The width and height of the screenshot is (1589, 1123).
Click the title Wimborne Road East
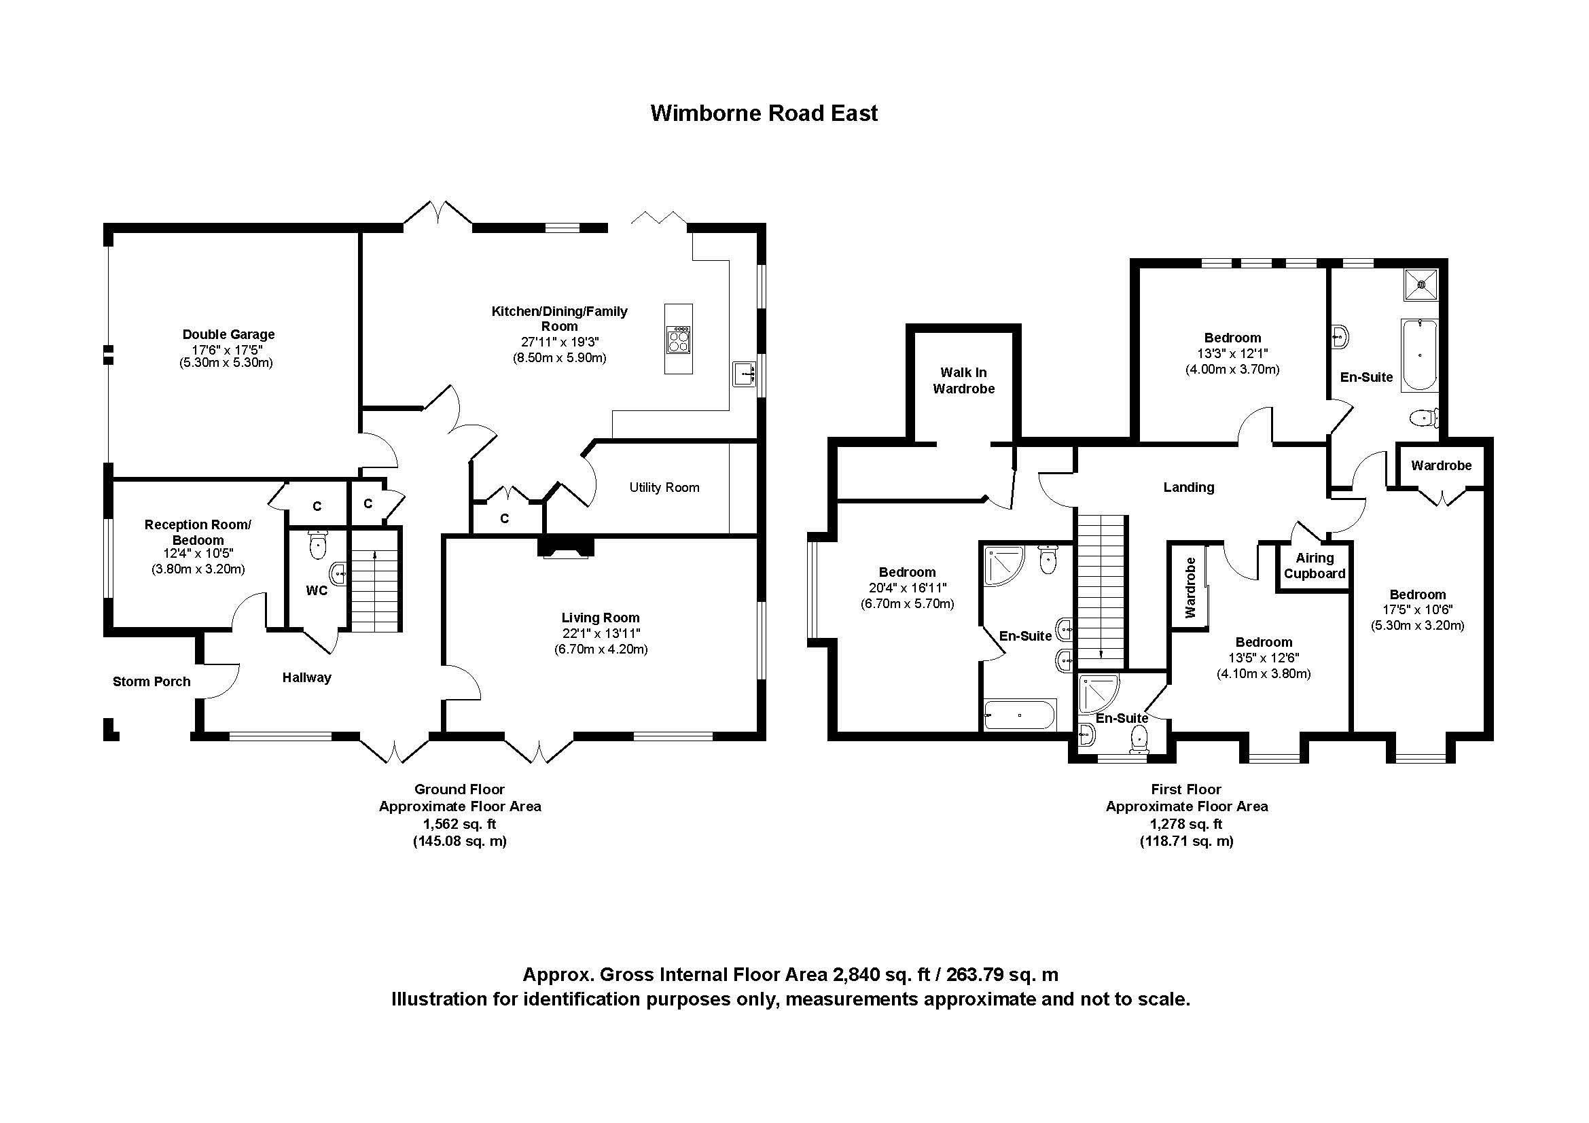tap(764, 113)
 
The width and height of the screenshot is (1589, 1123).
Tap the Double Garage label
tap(228, 334)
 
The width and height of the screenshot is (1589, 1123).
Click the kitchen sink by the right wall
tap(744, 374)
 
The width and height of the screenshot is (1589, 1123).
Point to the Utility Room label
tap(664, 488)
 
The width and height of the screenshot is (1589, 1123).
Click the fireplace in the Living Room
tap(566, 546)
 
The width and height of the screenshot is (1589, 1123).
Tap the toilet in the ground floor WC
tap(318, 546)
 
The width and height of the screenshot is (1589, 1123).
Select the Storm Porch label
tap(151, 681)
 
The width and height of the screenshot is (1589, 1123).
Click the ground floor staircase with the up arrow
tap(374, 582)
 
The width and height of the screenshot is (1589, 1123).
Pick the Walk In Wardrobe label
tap(963, 380)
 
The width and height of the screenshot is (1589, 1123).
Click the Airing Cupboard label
tap(1315, 565)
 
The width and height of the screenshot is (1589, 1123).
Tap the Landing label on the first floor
tap(1188, 487)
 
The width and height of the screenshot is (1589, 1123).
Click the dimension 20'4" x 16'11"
tap(908, 588)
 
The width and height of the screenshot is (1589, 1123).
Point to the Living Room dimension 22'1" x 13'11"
tap(601, 633)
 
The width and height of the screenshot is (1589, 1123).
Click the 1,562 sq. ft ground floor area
tap(459, 824)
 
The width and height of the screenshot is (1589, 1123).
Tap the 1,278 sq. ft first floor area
tap(1186, 824)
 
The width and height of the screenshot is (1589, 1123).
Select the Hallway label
tap(306, 678)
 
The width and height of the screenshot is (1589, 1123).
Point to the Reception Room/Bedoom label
tap(198, 532)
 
